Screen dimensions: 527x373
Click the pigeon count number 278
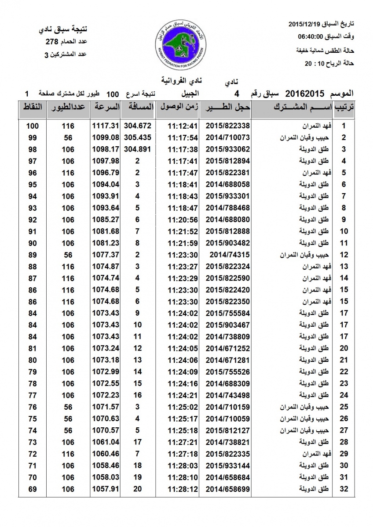52,42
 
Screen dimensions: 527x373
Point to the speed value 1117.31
106,126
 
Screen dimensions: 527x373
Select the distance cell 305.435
137,137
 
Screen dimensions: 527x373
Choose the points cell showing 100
33,126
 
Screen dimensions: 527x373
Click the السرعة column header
106,107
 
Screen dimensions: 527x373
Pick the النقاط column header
32,107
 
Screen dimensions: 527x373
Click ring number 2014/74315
224,254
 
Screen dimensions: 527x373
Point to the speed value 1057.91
106,489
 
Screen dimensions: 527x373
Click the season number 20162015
305,94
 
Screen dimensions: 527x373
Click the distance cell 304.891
137,149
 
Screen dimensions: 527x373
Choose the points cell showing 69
33,489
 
